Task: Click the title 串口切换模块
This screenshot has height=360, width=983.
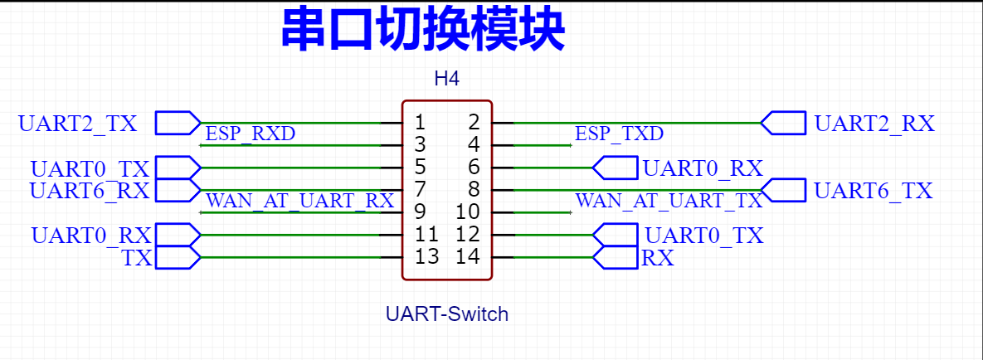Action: point(423,31)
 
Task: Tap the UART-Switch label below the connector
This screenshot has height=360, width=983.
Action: point(447,314)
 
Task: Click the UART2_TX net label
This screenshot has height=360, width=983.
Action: point(78,123)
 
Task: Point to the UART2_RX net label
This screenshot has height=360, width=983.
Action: point(874,123)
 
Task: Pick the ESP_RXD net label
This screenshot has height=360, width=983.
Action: point(251,134)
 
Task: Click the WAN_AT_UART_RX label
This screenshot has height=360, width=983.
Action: point(300,201)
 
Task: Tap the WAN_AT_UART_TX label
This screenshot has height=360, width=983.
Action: point(669,201)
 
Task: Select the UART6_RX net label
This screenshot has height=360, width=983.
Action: point(90,191)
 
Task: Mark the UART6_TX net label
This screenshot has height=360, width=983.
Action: point(874,190)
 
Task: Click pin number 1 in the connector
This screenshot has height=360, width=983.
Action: point(420,122)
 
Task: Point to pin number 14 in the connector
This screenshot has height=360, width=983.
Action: point(469,256)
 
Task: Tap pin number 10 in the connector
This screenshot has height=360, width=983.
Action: point(469,212)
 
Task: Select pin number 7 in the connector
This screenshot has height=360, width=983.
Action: point(420,189)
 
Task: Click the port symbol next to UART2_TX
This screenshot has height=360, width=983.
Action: point(178,123)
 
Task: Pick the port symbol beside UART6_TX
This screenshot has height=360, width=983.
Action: point(783,190)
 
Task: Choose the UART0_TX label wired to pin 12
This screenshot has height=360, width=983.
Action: point(704,236)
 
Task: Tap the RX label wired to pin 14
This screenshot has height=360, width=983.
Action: point(659,258)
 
